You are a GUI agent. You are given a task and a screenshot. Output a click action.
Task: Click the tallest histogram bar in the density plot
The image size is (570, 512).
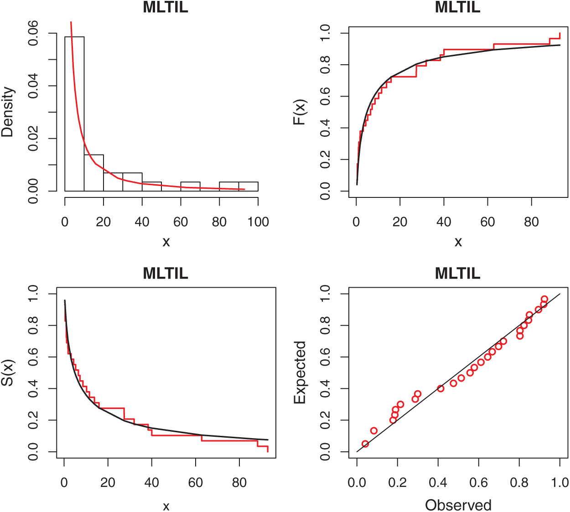click(74, 114)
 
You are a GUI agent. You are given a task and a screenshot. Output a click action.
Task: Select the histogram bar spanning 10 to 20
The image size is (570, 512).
click(93, 173)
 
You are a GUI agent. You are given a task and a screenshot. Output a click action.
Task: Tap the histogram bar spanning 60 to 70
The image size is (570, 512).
click(190, 186)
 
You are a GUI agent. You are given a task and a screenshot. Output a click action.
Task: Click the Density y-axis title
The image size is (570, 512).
click(8, 112)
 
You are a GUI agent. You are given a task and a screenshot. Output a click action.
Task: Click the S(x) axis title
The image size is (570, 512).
click(8, 372)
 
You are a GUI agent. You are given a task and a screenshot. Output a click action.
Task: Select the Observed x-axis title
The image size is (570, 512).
click(458, 505)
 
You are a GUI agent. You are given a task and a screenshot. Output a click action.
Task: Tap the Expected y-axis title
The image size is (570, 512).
click(300, 372)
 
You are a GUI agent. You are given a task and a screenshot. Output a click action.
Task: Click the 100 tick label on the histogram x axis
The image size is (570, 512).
click(258, 222)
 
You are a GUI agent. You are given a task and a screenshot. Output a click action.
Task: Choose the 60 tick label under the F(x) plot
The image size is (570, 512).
click(487, 222)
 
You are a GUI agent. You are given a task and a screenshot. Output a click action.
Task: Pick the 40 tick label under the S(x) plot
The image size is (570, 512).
click(151, 482)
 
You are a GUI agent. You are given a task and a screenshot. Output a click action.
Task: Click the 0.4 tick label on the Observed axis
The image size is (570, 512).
click(438, 482)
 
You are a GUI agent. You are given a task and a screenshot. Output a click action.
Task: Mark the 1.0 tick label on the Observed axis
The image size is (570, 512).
click(560, 482)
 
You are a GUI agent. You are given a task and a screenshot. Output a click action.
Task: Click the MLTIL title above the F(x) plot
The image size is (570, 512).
click(457, 8)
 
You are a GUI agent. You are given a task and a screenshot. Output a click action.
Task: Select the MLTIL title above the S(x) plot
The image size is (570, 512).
click(166, 274)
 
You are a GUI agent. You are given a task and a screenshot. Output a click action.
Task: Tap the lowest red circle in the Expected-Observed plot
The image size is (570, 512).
click(365, 444)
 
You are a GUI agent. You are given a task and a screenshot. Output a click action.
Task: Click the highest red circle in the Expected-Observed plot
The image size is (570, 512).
click(544, 299)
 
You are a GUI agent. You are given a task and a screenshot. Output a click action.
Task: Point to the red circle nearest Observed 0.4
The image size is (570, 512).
click(440, 388)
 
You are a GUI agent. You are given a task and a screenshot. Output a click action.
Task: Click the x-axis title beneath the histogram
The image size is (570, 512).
click(166, 242)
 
